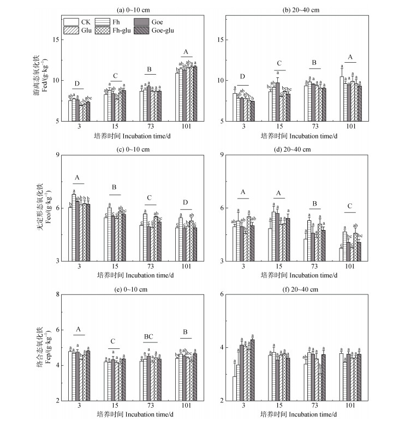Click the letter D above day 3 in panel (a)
78,83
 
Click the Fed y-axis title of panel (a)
42,71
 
